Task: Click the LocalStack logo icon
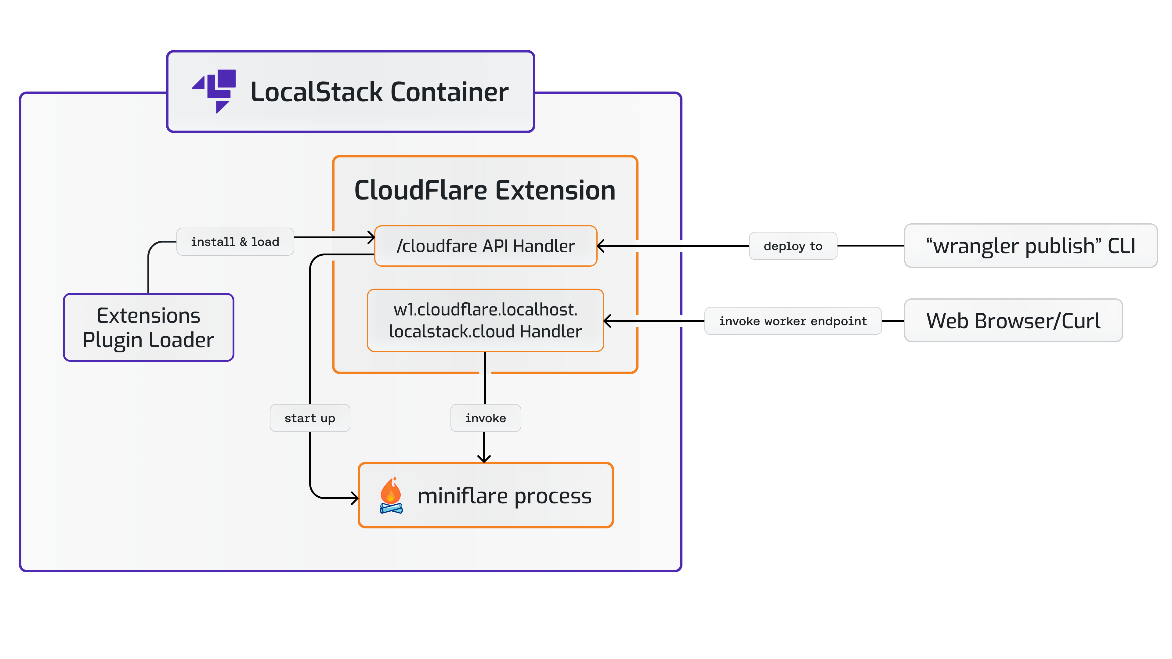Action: click(x=215, y=91)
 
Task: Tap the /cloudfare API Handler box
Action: click(x=486, y=246)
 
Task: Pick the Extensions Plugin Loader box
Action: click(x=148, y=327)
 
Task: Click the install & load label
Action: click(x=235, y=242)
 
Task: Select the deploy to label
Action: click(x=793, y=246)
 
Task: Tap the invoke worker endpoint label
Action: click(x=793, y=321)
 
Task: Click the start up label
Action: click(x=310, y=418)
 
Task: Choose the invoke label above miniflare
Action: click(x=486, y=418)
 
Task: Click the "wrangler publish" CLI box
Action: click(x=1030, y=246)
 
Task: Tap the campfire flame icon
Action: click(x=391, y=495)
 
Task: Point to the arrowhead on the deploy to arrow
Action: click(x=601, y=246)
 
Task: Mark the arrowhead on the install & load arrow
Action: click(x=371, y=237)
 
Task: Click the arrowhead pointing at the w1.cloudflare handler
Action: click(x=607, y=321)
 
